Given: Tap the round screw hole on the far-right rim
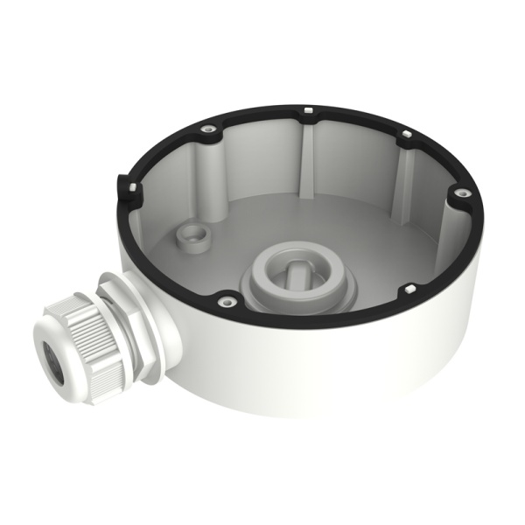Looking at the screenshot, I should click(x=457, y=192).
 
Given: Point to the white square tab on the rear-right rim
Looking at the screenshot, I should click(x=406, y=135).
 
